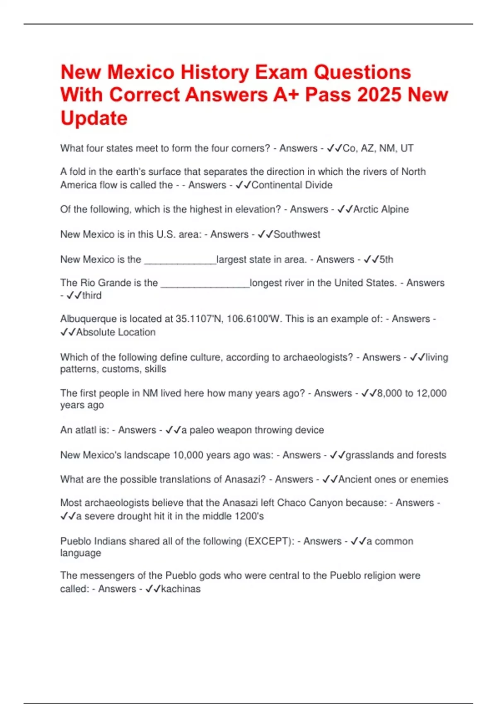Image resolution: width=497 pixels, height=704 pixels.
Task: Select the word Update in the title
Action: click(94, 118)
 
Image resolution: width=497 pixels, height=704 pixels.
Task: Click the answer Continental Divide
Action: click(292, 185)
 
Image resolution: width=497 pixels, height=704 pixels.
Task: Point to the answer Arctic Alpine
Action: click(381, 210)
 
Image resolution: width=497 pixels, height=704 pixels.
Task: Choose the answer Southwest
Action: click(297, 234)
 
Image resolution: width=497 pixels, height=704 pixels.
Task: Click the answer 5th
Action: click(386, 260)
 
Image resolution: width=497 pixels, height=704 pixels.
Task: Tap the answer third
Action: click(92, 295)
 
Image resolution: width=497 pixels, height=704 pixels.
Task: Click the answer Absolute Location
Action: click(116, 332)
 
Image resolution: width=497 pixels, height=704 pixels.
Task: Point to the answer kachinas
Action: click(181, 589)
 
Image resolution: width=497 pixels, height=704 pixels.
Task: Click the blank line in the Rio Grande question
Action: click(205, 284)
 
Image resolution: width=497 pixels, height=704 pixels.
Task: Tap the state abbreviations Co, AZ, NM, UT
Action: click(378, 148)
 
